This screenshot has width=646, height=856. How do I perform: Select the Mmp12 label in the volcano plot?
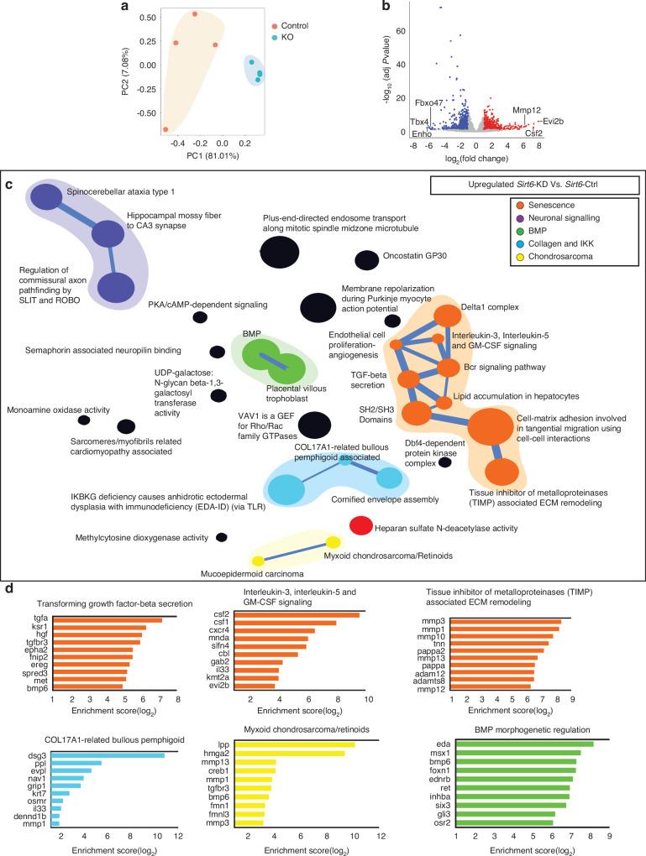click(528, 110)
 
